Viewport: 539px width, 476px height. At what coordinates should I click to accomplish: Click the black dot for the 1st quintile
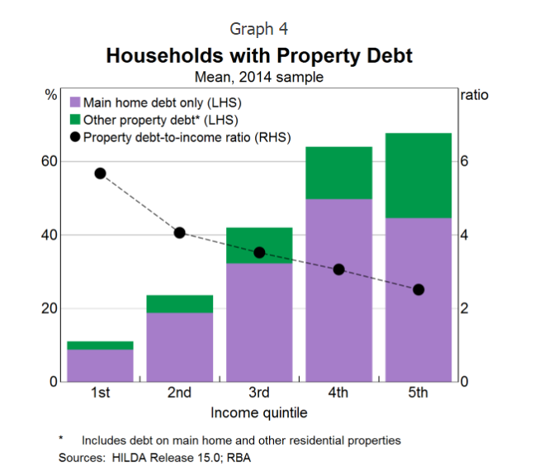tap(100, 174)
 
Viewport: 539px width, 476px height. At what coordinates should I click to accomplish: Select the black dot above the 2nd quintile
tap(179, 233)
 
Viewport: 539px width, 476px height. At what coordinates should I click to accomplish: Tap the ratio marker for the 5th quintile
tap(418, 289)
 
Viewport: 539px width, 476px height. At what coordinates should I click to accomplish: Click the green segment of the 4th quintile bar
tap(338, 173)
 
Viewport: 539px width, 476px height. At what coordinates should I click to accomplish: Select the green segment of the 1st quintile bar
tap(100, 345)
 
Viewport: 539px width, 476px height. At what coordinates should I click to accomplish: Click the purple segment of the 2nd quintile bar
tap(179, 347)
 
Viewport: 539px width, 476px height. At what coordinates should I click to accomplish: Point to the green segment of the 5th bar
tap(418, 175)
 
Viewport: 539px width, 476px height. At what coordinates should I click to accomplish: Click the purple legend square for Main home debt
tap(74, 102)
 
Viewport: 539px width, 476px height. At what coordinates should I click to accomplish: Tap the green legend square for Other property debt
tap(74, 120)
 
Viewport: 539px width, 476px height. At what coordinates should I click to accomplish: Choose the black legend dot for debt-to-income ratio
tap(74, 137)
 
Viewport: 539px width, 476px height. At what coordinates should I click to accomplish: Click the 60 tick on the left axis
tap(49, 161)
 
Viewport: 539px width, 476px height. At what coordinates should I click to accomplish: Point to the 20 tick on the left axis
tap(49, 308)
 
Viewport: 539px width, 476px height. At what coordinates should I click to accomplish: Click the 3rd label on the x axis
tap(259, 393)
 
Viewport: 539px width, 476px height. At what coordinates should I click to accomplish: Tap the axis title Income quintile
tap(259, 412)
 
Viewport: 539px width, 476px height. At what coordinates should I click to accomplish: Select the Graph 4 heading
tap(259, 29)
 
